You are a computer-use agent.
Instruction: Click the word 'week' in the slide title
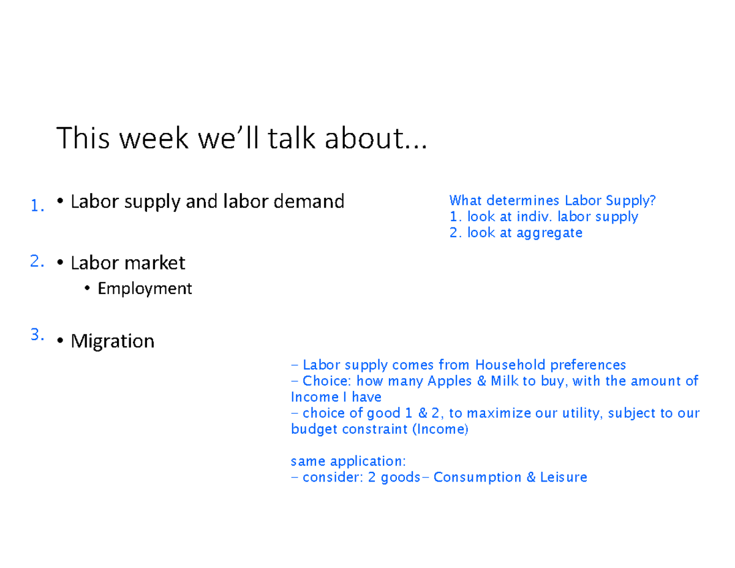coord(154,140)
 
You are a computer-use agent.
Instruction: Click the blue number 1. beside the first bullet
coord(37,206)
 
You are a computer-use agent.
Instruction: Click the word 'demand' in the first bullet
coord(310,201)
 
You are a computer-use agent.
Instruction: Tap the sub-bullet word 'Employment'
coord(145,289)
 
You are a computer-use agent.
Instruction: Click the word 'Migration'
coord(113,341)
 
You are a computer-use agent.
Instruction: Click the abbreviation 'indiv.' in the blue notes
coord(534,216)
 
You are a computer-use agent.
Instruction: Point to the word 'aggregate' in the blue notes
coord(549,232)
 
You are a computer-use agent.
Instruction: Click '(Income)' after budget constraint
coord(440,429)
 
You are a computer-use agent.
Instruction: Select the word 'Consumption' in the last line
coord(478,477)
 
